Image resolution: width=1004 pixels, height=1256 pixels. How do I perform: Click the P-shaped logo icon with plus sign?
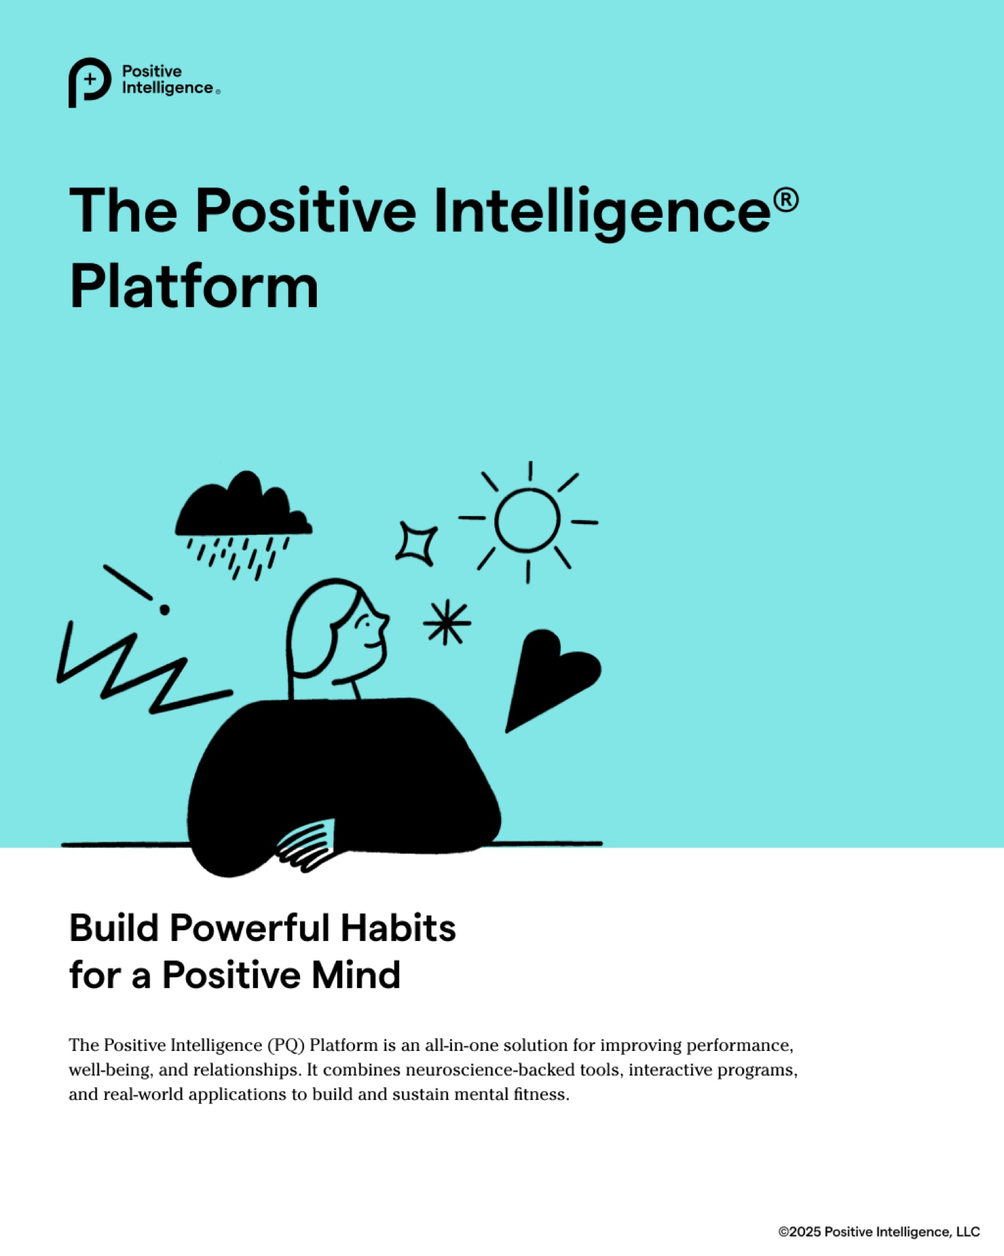89,82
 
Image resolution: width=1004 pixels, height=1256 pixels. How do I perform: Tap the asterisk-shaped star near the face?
447,622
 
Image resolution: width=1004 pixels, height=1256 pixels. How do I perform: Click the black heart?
549,677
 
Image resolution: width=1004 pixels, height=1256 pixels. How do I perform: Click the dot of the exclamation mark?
164,610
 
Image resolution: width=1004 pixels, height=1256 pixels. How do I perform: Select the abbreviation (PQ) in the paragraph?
286,1046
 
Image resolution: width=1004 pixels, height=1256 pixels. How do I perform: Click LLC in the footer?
968,1232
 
